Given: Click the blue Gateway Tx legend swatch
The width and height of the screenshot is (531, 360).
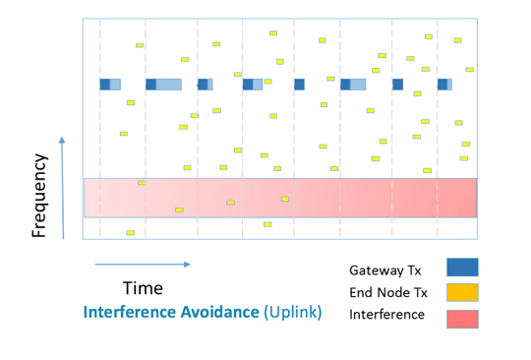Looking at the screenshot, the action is [x=462, y=268].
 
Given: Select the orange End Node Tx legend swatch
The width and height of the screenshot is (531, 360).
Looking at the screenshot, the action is [x=462, y=292].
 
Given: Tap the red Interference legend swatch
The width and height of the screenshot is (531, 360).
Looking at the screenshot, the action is [x=462, y=318].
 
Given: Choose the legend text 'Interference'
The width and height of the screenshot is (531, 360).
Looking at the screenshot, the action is [x=386, y=315].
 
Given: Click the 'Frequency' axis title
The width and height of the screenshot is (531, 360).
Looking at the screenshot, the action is [x=40, y=195].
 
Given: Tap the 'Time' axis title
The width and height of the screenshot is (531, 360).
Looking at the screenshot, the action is [x=143, y=288].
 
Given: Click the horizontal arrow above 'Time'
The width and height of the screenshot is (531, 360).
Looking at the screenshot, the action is [x=143, y=264].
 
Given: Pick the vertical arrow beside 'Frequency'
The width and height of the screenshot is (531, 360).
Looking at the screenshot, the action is [x=63, y=187].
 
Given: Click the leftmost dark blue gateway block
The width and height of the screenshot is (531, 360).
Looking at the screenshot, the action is [x=104, y=85].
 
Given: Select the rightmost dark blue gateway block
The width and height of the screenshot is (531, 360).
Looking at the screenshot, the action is [x=442, y=85].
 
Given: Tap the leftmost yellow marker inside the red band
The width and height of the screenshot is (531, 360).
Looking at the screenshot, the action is [x=142, y=183].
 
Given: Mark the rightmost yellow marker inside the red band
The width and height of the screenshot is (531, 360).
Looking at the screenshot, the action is [x=285, y=199].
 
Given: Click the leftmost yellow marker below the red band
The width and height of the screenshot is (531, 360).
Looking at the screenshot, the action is [x=130, y=233].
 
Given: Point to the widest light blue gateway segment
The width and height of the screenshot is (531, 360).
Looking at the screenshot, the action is [x=169, y=85].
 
